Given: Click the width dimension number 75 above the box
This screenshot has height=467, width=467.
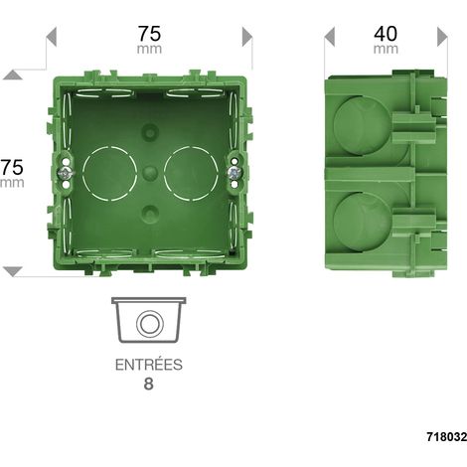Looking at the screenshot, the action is point(150,34).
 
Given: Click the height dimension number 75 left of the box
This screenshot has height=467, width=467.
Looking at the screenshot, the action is point(12,167).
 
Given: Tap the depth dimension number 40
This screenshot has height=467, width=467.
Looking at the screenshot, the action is point(386,34).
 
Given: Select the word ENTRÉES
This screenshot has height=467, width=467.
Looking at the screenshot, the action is point(149,365).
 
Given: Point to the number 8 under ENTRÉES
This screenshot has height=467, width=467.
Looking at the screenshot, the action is point(149,385).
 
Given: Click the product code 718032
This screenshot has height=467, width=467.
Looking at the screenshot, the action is point(447,437).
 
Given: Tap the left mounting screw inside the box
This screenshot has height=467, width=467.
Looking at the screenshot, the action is point(66,173).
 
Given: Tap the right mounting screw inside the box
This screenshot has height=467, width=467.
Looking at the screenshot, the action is point(234,173).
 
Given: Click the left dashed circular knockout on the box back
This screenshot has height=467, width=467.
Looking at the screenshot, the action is point(109,173).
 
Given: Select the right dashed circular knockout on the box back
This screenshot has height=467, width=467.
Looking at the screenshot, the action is point(191,173).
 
